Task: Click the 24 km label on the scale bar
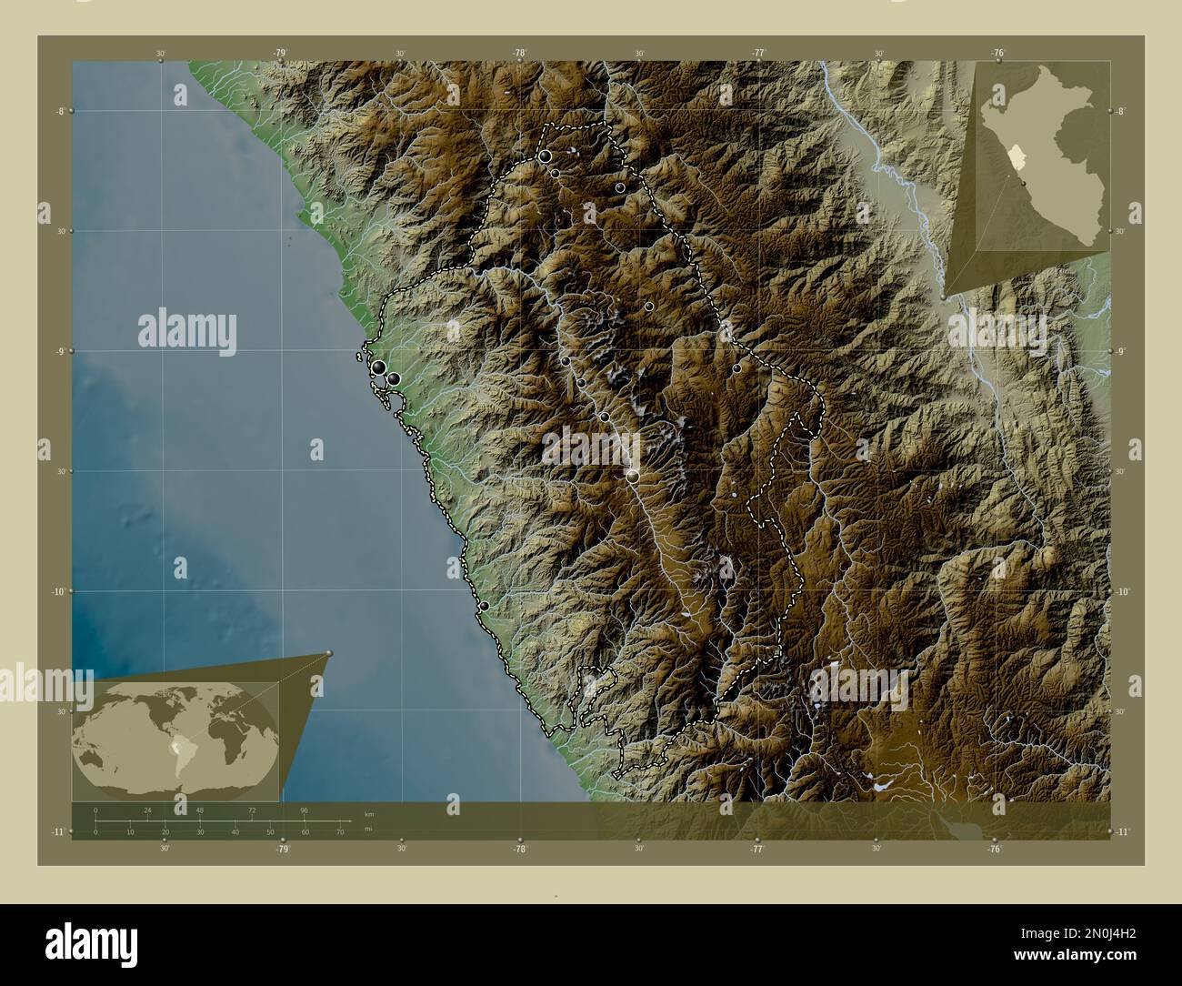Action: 147,810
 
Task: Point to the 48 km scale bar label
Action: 200,810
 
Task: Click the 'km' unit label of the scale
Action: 368,814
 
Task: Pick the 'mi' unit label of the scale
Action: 367,830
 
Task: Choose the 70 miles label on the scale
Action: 340,831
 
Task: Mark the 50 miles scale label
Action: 270,831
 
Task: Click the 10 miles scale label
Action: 130,831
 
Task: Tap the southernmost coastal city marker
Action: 485,606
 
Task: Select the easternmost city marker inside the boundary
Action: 736,368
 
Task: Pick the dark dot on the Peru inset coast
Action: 1025,183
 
